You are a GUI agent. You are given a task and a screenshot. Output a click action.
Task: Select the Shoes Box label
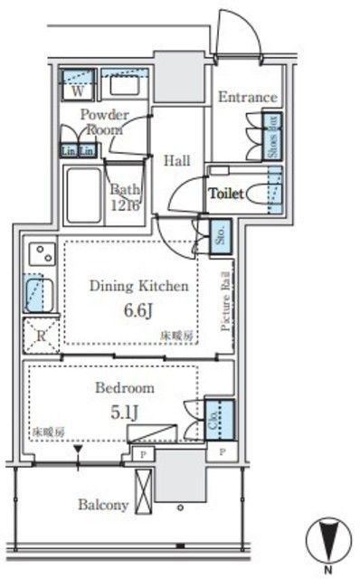pyautogui.click(x=271, y=135)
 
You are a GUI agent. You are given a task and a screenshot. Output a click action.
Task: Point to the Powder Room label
pyautogui.click(x=104, y=121)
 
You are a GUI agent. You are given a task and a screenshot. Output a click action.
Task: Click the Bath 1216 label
pyautogui.click(x=126, y=196)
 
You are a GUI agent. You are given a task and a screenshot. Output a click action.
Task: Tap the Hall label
pyautogui.click(x=176, y=161)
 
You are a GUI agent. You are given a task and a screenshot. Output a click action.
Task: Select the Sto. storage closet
pyautogui.click(x=219, y=238)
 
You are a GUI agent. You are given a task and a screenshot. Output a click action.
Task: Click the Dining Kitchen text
pyautogui.click(x=138, y=286)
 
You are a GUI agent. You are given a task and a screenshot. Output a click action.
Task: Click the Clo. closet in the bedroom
pyautogui.click(x=218, y=418)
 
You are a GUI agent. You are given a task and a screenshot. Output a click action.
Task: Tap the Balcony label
pyautogui.click(x=103, y=505)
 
